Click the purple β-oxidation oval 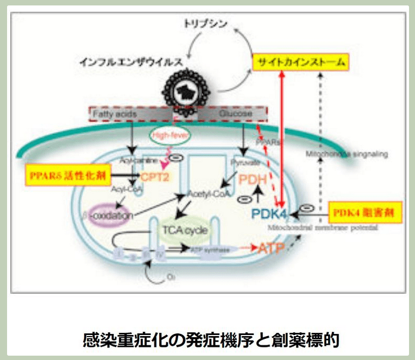pos(112,215)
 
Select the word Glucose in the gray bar pos(235,114)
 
